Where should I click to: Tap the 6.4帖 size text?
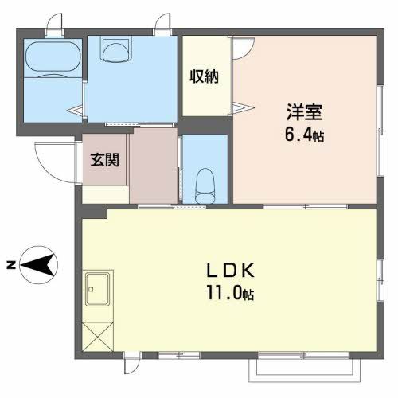point(306,135)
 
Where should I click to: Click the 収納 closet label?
point(204,76)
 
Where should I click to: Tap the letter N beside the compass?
point(11,263)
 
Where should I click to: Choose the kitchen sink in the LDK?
point(99,287)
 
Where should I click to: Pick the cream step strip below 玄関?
point(105,193)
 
